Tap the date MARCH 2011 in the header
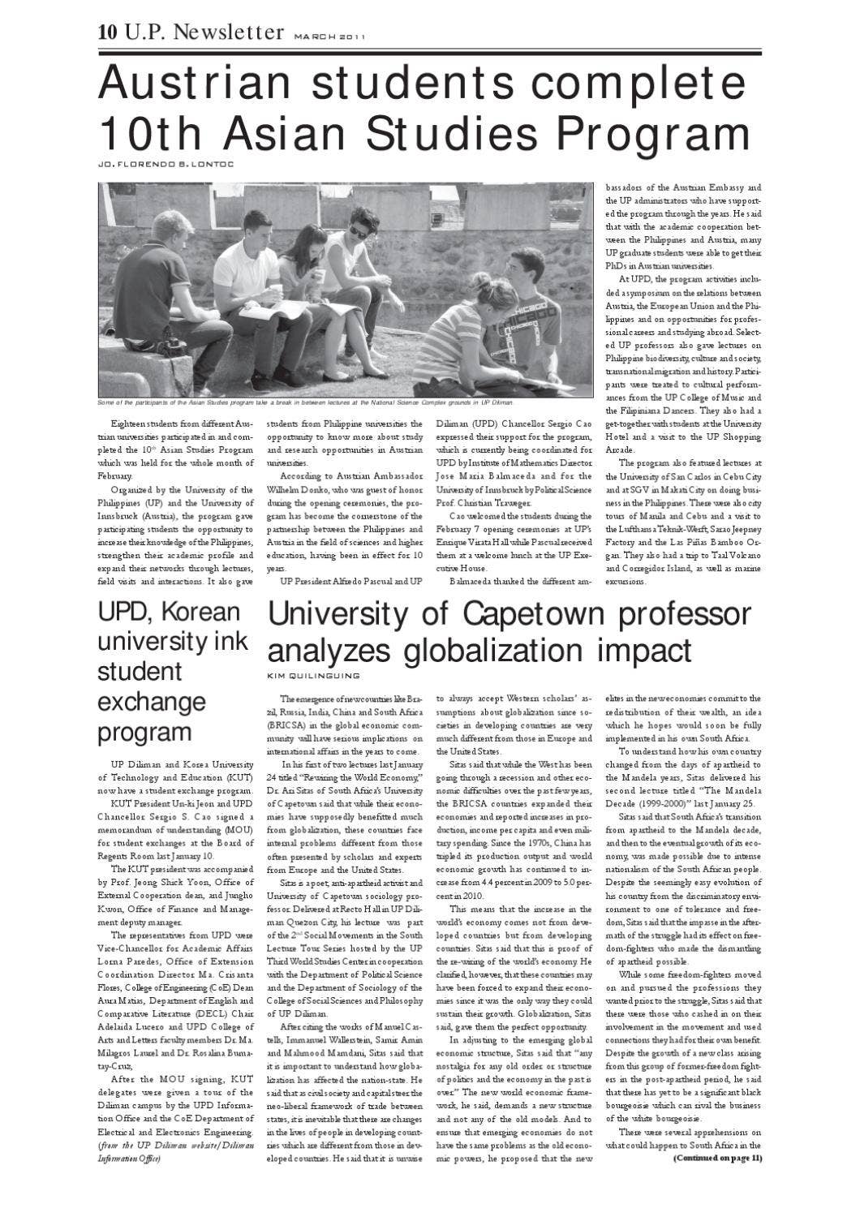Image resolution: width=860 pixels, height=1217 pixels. (x=329, y=37)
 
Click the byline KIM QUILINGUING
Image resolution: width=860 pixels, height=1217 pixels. (x=313, y=674)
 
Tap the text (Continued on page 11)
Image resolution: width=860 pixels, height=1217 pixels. (x=717, y=1158)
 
